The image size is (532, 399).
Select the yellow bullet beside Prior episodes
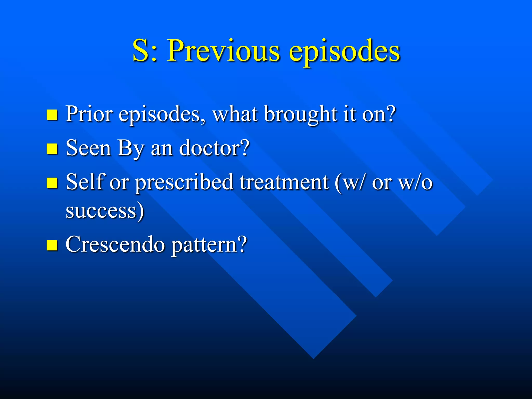coord(52,115)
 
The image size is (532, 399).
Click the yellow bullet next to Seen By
coord(52,149)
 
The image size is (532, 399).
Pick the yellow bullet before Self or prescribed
coord(52,183)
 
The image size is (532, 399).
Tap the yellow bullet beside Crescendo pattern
coord(52,245)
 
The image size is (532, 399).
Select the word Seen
coord(88,148)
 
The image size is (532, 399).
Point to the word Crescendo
coord(115,244)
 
